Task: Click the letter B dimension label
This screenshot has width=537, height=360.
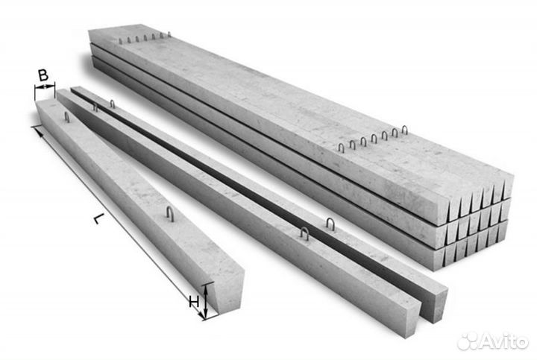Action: tap(43, 75)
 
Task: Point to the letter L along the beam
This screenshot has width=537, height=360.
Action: tap(98, 218)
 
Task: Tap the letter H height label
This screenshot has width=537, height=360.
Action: tap(194, 302)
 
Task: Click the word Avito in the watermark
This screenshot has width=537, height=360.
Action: tap(503, 341)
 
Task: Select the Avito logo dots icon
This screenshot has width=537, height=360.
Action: tap(468, 341)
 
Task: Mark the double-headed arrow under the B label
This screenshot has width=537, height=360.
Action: tap(45, 87)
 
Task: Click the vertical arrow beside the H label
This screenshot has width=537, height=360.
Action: tap(205, 301)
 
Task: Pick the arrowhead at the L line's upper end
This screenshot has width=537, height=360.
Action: tap(39, 131)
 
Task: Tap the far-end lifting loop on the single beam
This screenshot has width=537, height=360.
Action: tap(67, 117)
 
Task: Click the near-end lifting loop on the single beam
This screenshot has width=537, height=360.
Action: tap(170, 214)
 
